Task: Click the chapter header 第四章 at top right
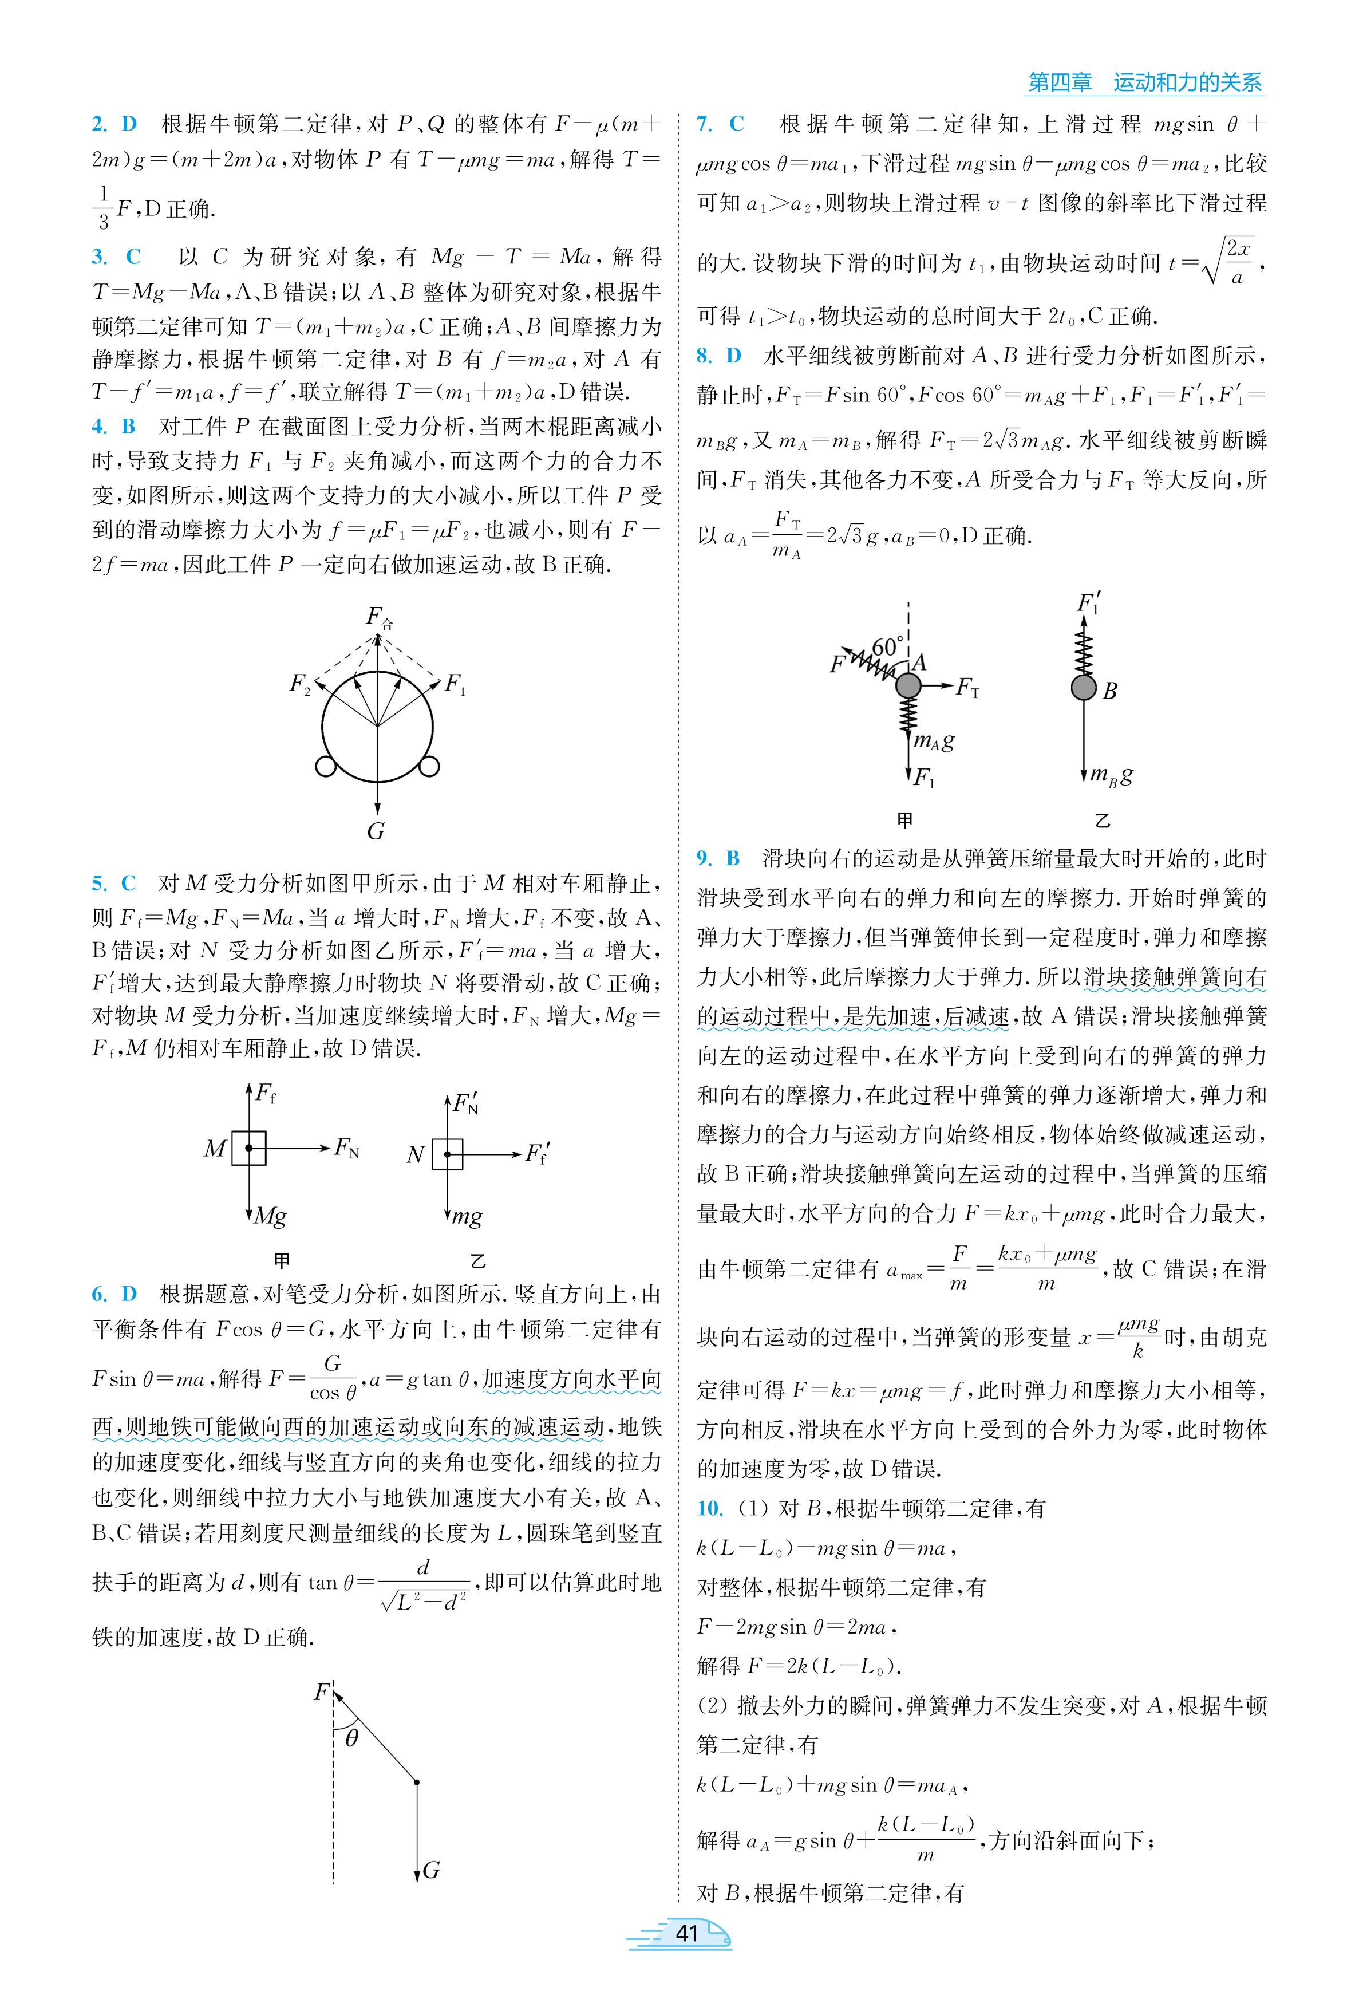point(1059,82)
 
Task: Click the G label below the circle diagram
point(376,831)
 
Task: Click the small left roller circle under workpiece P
point(326,766)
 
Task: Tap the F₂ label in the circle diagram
point(300,685)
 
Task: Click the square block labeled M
point(249,1148)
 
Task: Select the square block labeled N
point(447,1154)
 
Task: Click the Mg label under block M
point(270,1216)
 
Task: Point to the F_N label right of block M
point(347,1148)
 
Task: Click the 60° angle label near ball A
point(887,646)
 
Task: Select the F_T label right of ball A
point(967,688)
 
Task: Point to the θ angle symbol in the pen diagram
point(351,1737)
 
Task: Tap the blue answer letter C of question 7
point(737,124)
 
